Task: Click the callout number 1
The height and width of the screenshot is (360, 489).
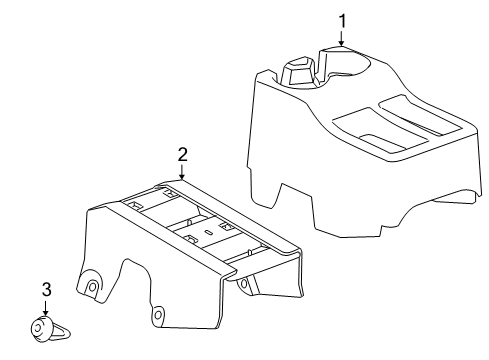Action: click(342, 19)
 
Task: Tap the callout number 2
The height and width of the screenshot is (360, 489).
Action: click(182, 154)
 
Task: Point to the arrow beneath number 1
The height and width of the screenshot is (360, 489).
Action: click(342, 39)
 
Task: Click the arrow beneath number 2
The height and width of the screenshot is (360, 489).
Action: click(182, 174)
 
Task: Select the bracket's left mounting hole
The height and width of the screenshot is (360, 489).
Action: click(93, 285)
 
